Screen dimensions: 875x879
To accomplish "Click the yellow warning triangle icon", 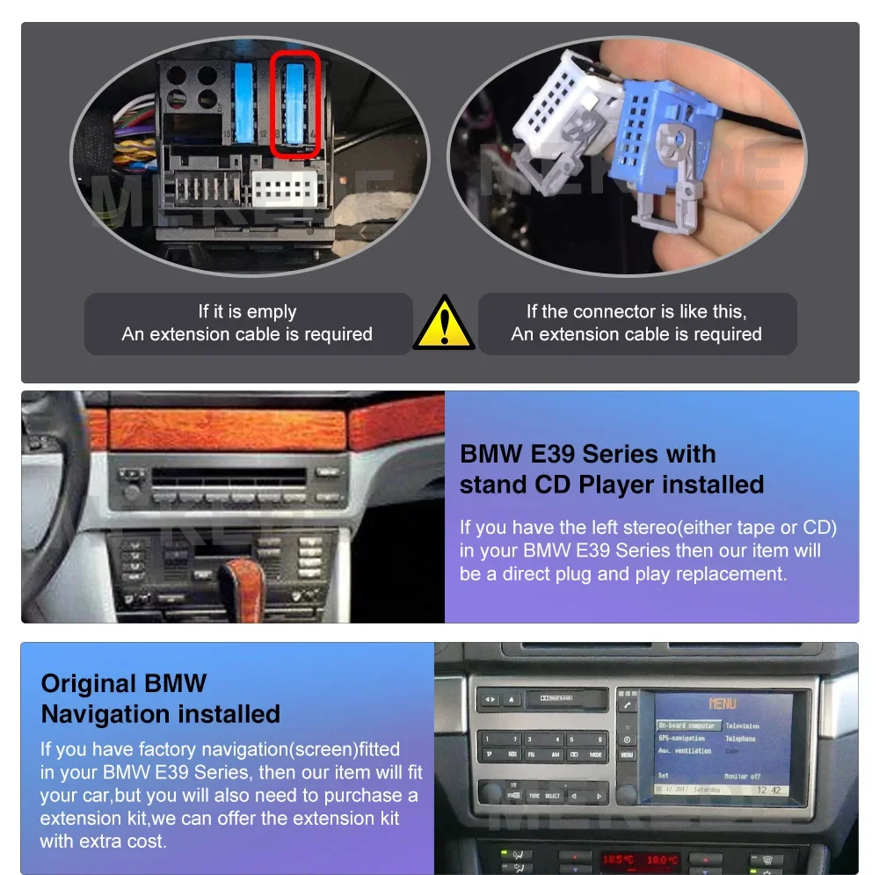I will pos(444,324).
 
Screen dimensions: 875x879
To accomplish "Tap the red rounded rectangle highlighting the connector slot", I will pos(294,104).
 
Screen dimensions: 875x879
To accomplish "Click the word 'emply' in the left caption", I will pos(272,311).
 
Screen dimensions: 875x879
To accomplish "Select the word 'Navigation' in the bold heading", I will pos(161,713).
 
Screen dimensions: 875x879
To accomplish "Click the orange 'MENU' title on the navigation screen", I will pos(722,704).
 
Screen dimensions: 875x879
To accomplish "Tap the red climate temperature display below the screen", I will pos(636,859).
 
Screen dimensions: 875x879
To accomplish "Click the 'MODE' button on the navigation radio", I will pos(595,755).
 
